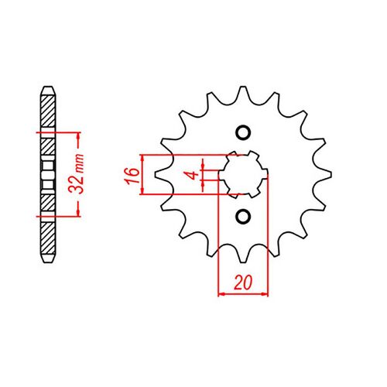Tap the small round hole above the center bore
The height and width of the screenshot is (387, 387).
[244, 132]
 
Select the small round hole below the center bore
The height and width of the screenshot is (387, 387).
[244, 216]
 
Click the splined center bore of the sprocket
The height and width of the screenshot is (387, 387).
[244, 174]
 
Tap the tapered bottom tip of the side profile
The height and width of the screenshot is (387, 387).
[48, 262]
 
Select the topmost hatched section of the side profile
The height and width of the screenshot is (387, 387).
[48, 108]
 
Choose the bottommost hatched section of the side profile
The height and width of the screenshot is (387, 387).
[48, 236]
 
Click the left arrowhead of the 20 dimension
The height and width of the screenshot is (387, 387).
[223, 293]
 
